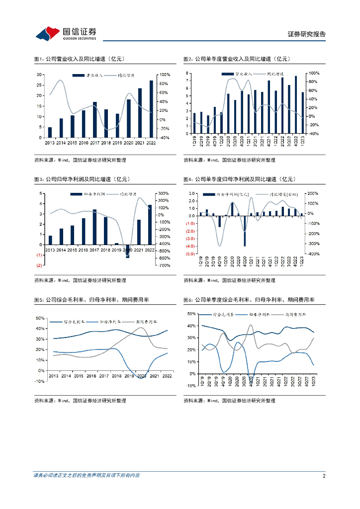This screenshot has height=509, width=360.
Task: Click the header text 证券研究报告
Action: [307, 34]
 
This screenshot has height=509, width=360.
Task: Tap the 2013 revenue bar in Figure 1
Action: [50, 132]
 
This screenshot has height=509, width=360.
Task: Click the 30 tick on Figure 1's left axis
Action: [39, 75]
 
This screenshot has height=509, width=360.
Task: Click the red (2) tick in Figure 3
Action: [39, 265]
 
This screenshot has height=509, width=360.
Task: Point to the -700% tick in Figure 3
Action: [164, 265]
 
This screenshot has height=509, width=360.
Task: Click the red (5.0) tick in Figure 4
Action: [189, 254]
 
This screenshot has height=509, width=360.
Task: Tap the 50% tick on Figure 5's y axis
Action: [40, 318]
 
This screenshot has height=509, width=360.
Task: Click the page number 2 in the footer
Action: [324, 476]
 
